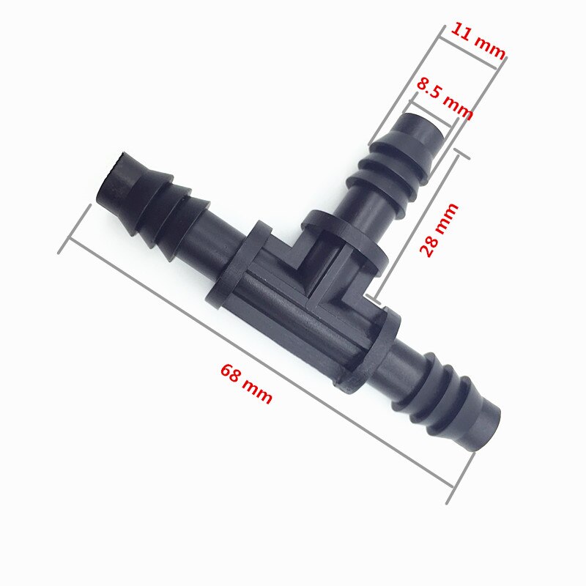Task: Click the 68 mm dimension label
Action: coord(246,384)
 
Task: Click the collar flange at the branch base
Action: coord(344,238)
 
